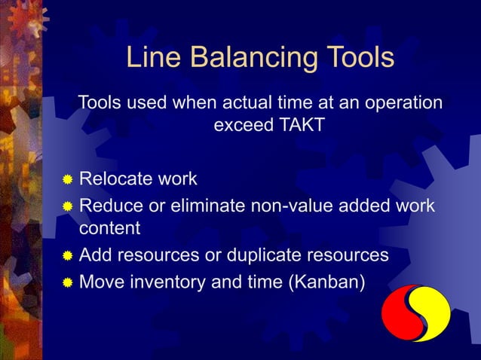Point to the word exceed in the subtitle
pyautogui.click(x=240, y=125)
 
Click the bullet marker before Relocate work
pyautogui.click(x=68, y=180)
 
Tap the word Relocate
pyautogui.click(x=112, y=179)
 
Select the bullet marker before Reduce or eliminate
pyautogui.click(x=68, y=206)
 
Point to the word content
pyautogui.click(x=110, y=227)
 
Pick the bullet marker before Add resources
pyautogui.click(x=68, y=257)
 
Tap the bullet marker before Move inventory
pyautogui.click(x=68, y=284)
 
